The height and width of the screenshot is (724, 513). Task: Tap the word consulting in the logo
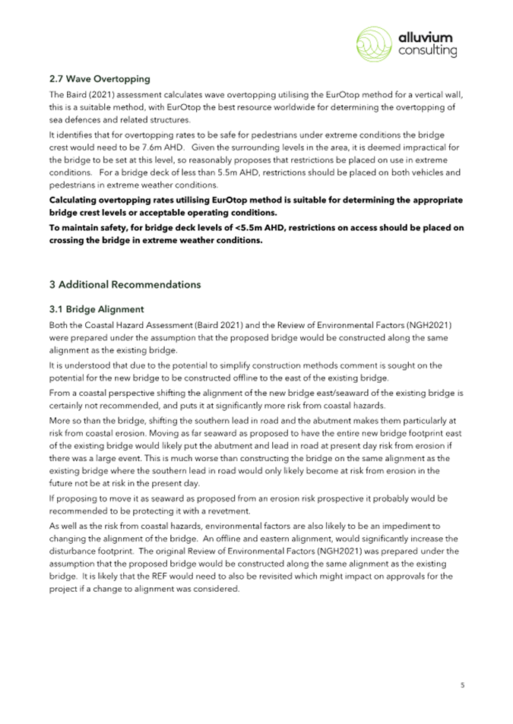coord(428,51)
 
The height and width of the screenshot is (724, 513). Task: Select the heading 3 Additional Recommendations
coord(125,285)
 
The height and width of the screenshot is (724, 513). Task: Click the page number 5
coord(462,684)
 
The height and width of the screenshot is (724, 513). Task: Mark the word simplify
coord(201,365)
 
